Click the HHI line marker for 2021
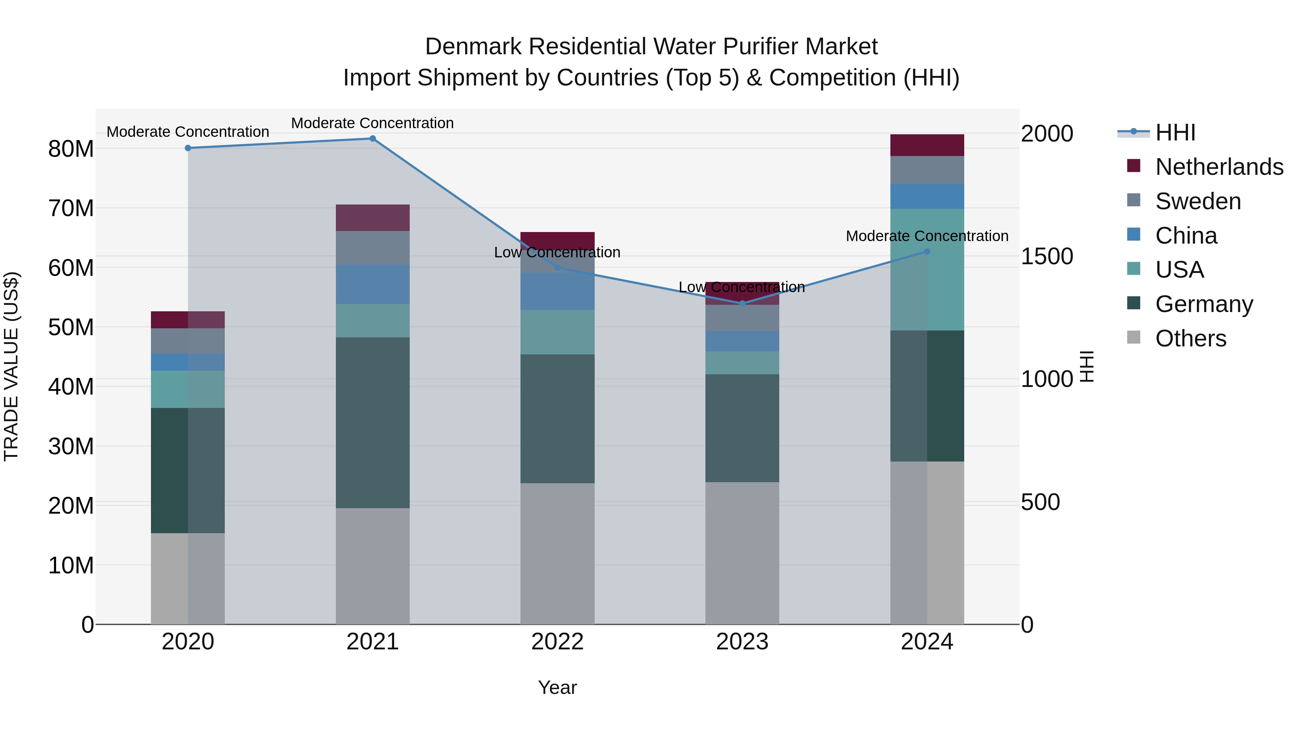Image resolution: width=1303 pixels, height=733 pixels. (372, 139)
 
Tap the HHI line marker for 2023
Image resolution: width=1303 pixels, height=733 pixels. (742, 304)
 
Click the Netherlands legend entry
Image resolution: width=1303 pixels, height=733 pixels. (1219, 167)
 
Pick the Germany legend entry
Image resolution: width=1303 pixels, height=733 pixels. (1204, 304)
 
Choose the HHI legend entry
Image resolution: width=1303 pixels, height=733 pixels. (1175, 132)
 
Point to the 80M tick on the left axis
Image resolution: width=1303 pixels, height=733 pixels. (71, 149)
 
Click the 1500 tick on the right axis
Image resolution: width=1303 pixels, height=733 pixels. (1046, 257)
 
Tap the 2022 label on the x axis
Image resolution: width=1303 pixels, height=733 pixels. (557, 642)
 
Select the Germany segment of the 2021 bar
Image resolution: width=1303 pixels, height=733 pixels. (372, 422)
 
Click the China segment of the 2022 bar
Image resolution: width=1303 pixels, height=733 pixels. (557, 291)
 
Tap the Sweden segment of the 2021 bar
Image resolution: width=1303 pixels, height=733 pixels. (372, 248)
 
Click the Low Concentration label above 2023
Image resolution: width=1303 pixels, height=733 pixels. (742, 287)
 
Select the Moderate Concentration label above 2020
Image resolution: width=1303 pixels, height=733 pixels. (187, 132)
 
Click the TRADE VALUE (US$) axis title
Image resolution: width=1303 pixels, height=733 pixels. (11, 366)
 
